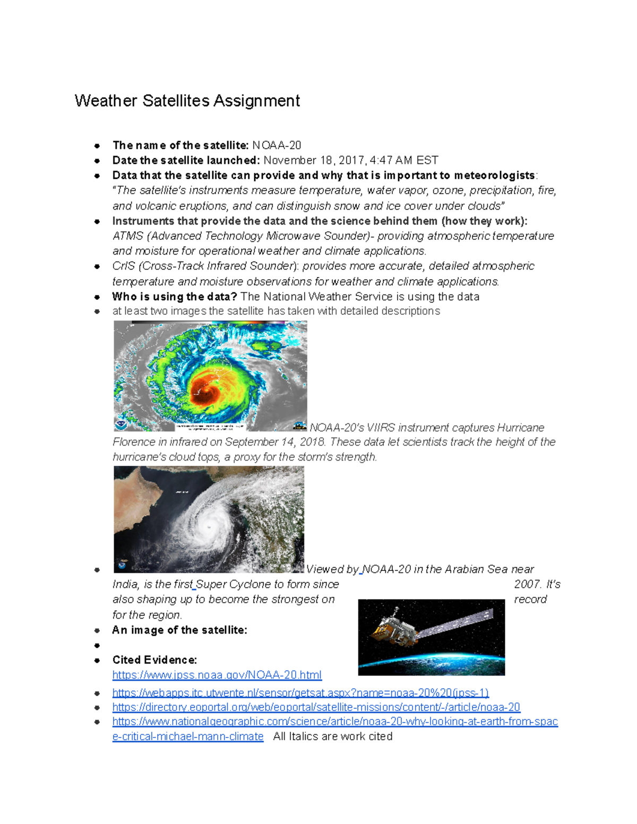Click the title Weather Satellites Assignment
[187, 101]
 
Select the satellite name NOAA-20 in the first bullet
[277, 145]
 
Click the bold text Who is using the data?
[174, 297]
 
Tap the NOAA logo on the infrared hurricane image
[122, 424]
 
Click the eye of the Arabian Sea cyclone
[209, 526]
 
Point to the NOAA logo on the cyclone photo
[122, 565]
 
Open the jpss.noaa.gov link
[217, 675]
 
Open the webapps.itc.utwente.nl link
[300, 692]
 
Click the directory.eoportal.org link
[316, 707]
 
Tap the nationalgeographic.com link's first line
[335, 722]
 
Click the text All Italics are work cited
[333, 736]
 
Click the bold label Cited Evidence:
[154, 660]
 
